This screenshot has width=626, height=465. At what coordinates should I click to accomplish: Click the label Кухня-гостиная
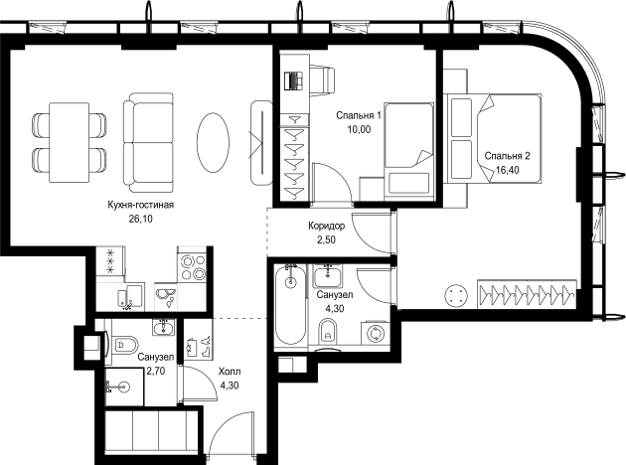click(x=140, y=205)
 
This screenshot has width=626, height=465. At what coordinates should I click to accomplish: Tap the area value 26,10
click(x=140, y=219)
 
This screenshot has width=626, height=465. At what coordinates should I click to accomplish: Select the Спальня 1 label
click(x=359, y=115)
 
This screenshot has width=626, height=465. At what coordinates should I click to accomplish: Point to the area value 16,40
click(x=508, y=170)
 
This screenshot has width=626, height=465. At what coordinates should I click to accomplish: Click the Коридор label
click(x=326, y=227)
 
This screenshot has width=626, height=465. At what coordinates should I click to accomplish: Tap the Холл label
click(x=230, y=372)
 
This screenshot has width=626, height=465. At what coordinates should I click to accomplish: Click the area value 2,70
click(x=156, y=372)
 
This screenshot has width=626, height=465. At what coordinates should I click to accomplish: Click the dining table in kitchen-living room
click(x=70, y=142)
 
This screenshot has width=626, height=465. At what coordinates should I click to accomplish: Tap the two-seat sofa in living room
click(x=148, y=143)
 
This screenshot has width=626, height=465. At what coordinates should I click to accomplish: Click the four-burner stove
click(x=192, y=267)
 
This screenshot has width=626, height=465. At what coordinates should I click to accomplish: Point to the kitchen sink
click(x=165, y=296)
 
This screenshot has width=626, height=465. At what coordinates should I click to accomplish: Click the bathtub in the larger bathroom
click(x=291, y=305)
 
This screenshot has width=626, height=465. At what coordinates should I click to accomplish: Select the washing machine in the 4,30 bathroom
click(x=376, y=333)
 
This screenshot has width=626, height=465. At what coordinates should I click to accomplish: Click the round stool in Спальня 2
click(x=455, y=296)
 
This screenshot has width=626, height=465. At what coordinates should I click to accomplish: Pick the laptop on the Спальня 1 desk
click(x=294, y=80)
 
